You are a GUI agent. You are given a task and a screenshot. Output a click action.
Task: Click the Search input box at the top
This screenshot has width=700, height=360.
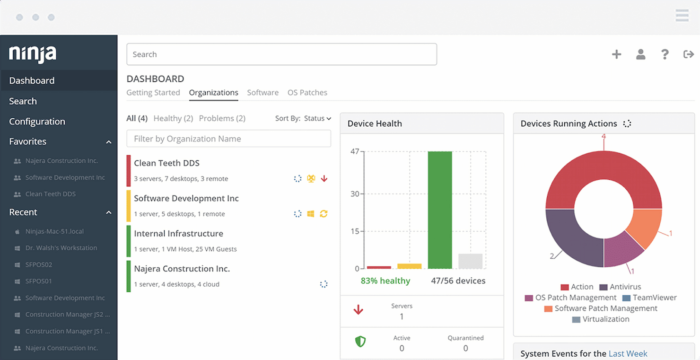pyautogui.click(x=281, y=54)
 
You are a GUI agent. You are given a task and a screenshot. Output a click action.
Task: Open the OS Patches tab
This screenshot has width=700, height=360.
pyautogui.click(x=307, y=93)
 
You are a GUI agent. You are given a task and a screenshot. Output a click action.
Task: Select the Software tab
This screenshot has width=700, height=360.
pyautogui.click(x=262, y=93)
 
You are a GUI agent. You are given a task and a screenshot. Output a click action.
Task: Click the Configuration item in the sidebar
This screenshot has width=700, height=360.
pyautogui.click(x=37, y=122)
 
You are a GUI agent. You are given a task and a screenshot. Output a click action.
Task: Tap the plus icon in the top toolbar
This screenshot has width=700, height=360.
pyautogui.click(x=616, y=54)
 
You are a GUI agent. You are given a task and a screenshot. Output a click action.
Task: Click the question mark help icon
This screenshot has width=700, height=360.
pyautogui.click(x=665, y=54)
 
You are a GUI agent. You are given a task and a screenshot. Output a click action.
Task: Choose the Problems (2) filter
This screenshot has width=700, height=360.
pyautogui.click(x=222, y=118)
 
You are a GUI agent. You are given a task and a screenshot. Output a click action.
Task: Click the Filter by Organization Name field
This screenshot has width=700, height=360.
pyautogui.click(x=228, y=139)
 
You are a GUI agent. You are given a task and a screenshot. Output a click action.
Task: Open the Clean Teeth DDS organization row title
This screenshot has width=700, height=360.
pyautogui.click(x=166, y=163)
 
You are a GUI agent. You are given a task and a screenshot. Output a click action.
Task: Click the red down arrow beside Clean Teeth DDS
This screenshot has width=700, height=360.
pyautogui.click(x=324, y=179)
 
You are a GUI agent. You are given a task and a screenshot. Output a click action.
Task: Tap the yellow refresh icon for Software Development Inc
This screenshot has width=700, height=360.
pyautogui.click(x=324, y=214)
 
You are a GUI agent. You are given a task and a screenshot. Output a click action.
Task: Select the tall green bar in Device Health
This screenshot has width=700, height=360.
pyautogui.click(x=440, y=210)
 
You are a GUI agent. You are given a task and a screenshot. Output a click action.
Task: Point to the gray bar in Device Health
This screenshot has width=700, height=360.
pyautogui.click(x=470, y=261)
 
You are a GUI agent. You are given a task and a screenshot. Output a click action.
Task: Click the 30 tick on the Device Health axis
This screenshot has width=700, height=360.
pyautogui.click(x=354, y=193)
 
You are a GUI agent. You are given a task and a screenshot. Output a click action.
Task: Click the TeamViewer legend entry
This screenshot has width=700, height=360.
pyautogui.click(x=649, y=298)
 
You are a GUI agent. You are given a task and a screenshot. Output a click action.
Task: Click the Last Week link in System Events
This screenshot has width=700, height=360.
pyautogui.click(x=628, y=353)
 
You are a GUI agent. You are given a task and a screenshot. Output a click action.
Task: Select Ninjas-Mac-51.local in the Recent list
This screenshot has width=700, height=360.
pyautogui.click(x=54, y=231)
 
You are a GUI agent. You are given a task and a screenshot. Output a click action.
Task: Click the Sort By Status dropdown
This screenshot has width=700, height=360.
pyautogui.click(x=317, y=118)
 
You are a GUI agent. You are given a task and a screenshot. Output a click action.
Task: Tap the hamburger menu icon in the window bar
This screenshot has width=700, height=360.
pyautogui.click(x=682, y=16)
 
